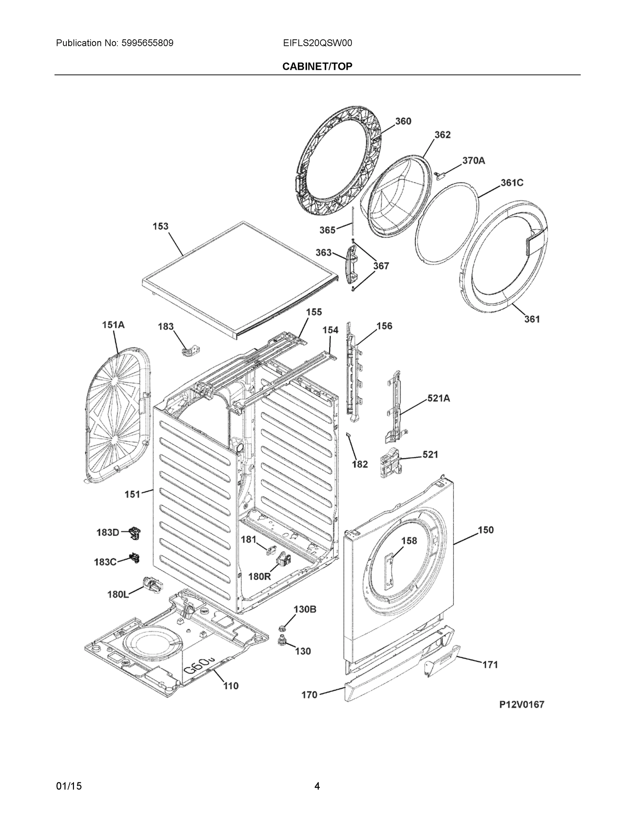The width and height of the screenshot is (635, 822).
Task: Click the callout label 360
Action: point(403,121)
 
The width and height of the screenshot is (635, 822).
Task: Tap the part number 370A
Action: point(474,161)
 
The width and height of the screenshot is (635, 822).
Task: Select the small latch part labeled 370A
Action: point(441,175)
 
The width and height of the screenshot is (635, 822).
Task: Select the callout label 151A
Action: point(113,325)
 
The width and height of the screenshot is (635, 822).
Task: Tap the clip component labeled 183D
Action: point(134,533)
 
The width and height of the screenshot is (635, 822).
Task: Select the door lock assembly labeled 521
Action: point(391,463)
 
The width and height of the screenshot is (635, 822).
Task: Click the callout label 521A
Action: point(439,398)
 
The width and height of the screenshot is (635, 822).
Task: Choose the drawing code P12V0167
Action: point(521,705)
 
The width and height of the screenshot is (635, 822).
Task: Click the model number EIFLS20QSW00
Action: point(318,43)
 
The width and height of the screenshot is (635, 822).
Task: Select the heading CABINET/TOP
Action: point(317,67)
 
